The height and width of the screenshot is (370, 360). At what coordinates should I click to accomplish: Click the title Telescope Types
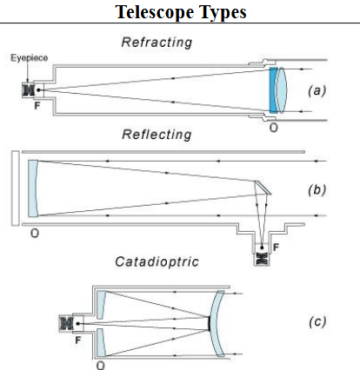[x=179, y=13]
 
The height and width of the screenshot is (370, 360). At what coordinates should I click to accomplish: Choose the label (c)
[x=317, y=321]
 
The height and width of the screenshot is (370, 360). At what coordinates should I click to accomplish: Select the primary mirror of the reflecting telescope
[x=32, y=188]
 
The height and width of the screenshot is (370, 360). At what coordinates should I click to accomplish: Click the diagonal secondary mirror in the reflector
[x=260, y=185]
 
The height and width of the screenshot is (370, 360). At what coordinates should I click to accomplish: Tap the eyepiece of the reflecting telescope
[x=259, y=258]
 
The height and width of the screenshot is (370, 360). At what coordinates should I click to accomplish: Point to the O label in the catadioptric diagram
[x=100, y=364]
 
